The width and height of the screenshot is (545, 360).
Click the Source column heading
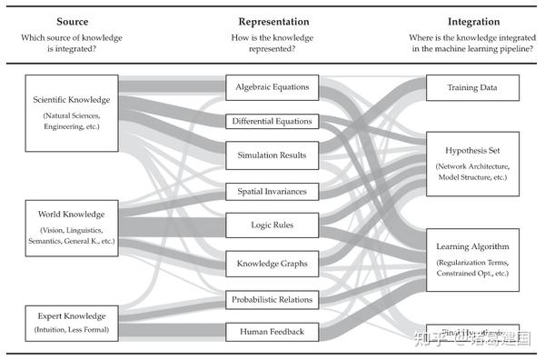click(x=72, y=21)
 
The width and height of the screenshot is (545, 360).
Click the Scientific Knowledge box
click(x=73, y=113)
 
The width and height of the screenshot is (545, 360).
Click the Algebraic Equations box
click(x=272, y=87)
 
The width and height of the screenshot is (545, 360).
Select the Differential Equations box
click(x=272, y=121)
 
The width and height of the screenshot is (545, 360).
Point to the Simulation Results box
click(x=272, y=155)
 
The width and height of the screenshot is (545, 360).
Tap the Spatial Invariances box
click(x=272, y=192)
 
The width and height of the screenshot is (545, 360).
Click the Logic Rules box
click(x=272, y=225)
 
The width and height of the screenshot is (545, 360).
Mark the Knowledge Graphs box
click(x=272, y=264)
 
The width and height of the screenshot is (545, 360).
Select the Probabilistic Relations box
click(x=272, y=299)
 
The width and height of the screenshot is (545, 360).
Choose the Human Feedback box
click(x=272, y=332)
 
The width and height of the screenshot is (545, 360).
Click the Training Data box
click(x=472, y=88)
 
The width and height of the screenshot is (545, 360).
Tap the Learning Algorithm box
click(x=472, y=258)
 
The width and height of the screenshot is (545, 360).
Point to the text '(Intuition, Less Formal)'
click(x=73, y=327)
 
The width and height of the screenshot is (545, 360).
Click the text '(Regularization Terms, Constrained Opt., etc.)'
click(x=472, y=267)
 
